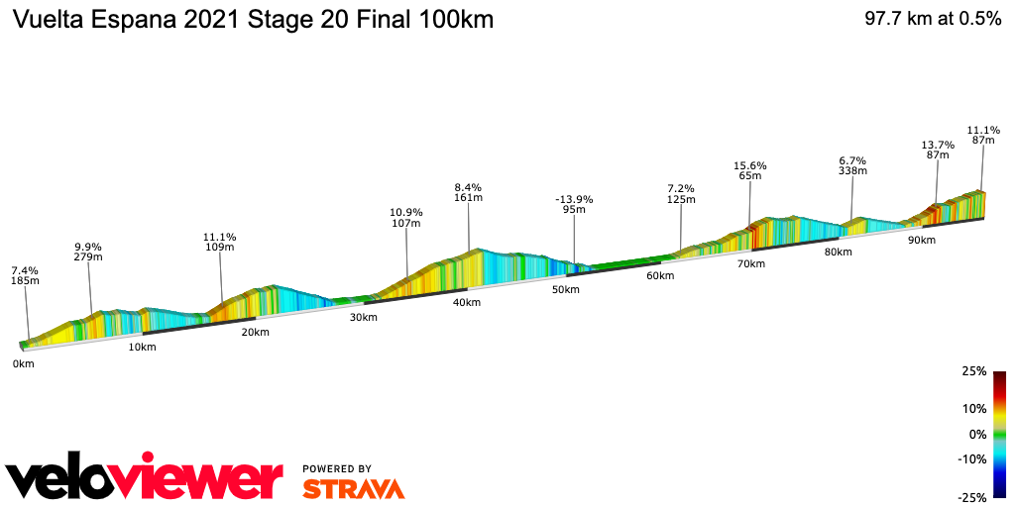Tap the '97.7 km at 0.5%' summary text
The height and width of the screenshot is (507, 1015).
pos(933,20)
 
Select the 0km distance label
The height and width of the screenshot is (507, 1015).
pos(23,364)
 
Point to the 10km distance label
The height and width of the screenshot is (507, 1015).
pos(142,348)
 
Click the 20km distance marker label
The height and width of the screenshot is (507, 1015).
pos(255,333)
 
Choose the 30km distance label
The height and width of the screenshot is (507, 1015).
pos(363,318)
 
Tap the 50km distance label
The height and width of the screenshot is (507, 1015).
pos(565,289)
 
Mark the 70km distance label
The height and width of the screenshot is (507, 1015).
pos(750,264)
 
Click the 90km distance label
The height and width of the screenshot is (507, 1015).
pos(922,241)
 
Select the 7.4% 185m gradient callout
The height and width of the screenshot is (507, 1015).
pos(25,275)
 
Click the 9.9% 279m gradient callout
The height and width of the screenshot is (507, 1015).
pos(89,252)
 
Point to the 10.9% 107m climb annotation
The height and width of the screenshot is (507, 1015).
pos(406,217)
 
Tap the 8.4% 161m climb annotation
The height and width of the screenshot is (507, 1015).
pos(468,192)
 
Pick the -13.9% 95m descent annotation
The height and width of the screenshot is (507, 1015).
pos(574,204)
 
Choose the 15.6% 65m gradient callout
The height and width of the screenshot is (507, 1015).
pos(750,170)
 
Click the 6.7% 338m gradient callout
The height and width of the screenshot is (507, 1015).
pos(852,165)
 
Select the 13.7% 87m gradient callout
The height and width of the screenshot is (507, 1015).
pos(938,150)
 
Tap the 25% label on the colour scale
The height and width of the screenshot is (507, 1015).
pos(973,371)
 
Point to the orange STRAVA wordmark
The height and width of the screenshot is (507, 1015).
pos(353,488)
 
